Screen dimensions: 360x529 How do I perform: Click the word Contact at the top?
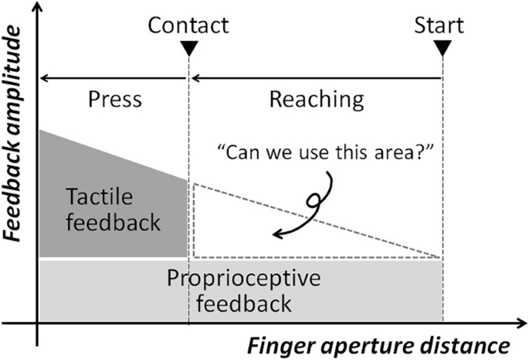188,25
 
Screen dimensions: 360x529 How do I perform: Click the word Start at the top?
439,25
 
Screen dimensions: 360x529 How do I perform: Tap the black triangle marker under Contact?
188,49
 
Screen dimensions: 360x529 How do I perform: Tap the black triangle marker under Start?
443,49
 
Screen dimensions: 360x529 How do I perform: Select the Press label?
114,99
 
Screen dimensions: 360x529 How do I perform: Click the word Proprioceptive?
243,278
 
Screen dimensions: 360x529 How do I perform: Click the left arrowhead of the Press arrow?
43,77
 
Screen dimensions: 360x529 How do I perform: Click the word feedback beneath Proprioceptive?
243,304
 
